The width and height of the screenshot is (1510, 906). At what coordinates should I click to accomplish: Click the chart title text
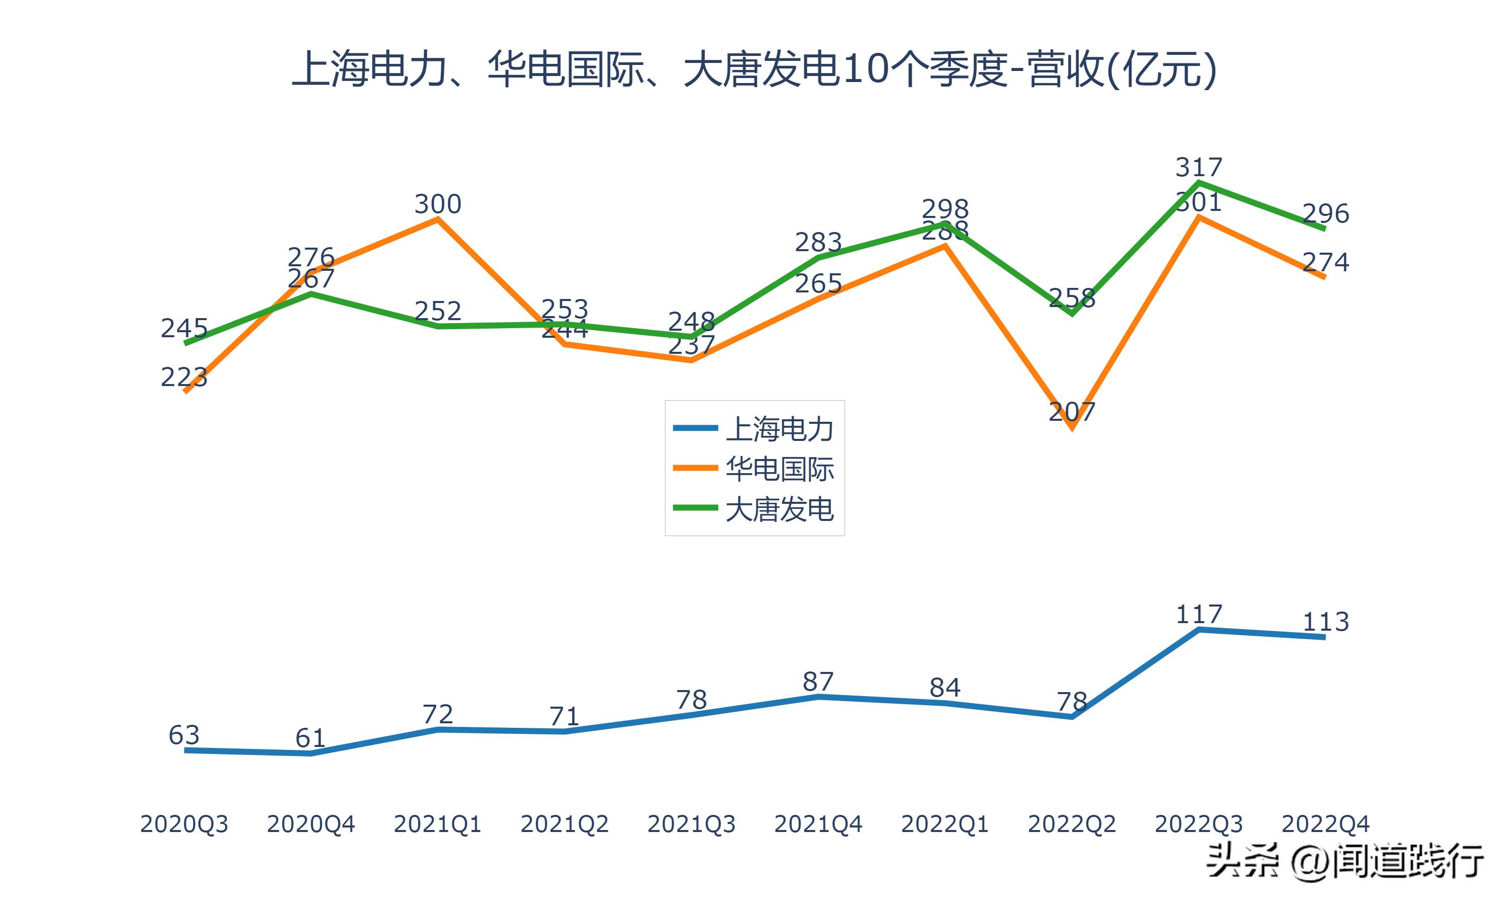tap(754, 69)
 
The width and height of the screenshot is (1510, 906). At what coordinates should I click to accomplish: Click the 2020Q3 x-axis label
tap(184, 824)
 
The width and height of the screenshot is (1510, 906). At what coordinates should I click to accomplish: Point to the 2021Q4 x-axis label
tap(818, 824)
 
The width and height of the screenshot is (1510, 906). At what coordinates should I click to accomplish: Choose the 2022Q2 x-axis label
tap(1072, 824)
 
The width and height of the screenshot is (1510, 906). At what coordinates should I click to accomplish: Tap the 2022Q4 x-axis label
tap(1325, 824)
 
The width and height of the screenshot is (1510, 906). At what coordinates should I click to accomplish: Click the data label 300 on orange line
tap(437, 204)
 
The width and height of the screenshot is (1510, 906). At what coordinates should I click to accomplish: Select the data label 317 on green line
tap(1199, 167)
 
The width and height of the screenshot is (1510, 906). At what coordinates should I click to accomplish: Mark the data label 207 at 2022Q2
tap(1072, 412)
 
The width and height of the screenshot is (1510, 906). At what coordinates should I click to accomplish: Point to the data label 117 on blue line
tap(1199, 614)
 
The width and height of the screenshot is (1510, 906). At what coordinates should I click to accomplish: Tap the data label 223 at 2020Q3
tap(184, 377)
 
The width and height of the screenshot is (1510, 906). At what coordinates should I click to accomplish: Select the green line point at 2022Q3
tap(1199, 182)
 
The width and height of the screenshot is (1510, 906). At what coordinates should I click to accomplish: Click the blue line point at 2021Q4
tap(818, 697)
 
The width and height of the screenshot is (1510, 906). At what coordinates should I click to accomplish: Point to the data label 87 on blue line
tap(818, 682)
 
